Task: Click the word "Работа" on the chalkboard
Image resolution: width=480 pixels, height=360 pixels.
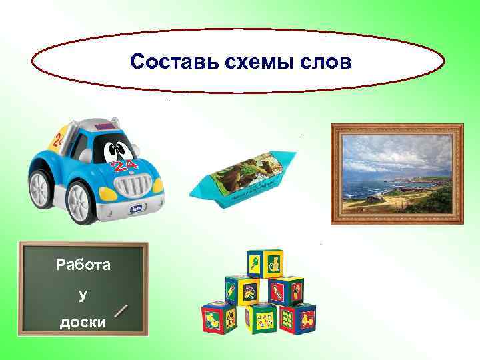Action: (x=83, y=265)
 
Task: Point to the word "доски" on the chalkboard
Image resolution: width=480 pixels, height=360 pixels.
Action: (x=83, y=322)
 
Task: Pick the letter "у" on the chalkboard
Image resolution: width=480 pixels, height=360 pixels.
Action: (x=83, y=294)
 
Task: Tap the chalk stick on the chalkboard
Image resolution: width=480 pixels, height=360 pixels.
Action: (x=121, y=311)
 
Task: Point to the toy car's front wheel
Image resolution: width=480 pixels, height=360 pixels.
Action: (x=83, y=201)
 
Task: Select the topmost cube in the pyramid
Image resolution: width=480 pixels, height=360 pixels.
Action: (x=265, y=264)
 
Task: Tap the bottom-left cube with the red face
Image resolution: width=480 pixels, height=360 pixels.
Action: (x=219, y=317)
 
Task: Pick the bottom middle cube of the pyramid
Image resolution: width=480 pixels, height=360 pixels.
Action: (x=260, y=318)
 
